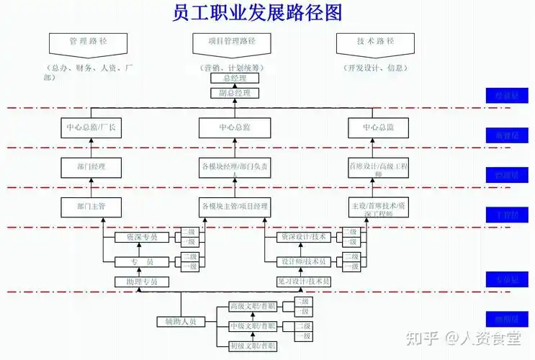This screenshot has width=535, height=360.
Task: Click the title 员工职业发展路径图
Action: [258, 13]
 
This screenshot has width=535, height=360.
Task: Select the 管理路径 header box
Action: [88, 43]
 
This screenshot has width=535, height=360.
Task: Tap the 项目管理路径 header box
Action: [235, 43]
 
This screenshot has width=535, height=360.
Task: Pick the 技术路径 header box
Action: [374, 43]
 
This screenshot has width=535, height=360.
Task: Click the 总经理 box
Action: [235, 78]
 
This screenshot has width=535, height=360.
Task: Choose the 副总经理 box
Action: [235, 94]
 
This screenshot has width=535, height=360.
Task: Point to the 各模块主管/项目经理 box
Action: [235, 207]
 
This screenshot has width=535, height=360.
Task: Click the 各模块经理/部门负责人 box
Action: [235, 169]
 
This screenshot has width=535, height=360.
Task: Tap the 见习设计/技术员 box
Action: [303, 282]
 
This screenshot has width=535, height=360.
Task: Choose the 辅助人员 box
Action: [180, 322]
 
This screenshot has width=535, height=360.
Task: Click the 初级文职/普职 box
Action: [253, 347]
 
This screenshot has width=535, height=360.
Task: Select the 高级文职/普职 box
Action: [253, 306]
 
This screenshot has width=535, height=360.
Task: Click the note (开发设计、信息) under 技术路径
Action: [374, 68]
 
